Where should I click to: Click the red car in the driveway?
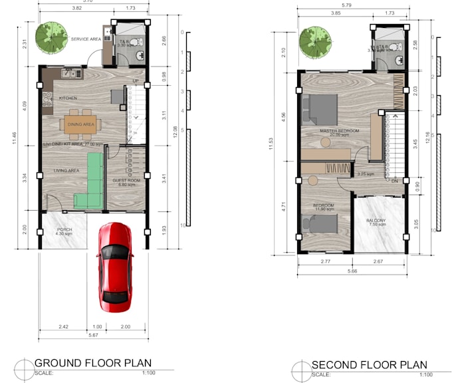point(115,267)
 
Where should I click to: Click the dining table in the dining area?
point(80,124)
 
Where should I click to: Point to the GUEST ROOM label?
point(126,181)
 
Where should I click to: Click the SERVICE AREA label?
point(86,39)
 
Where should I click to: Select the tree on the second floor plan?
point(315,42)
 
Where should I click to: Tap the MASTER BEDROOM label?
point(339,131)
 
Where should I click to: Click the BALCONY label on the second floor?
point(377,221)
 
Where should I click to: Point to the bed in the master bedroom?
point(319,109)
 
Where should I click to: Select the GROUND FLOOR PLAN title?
point(92,363)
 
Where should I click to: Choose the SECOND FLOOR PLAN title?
point(369,364)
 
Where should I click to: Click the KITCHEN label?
point(68,98)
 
